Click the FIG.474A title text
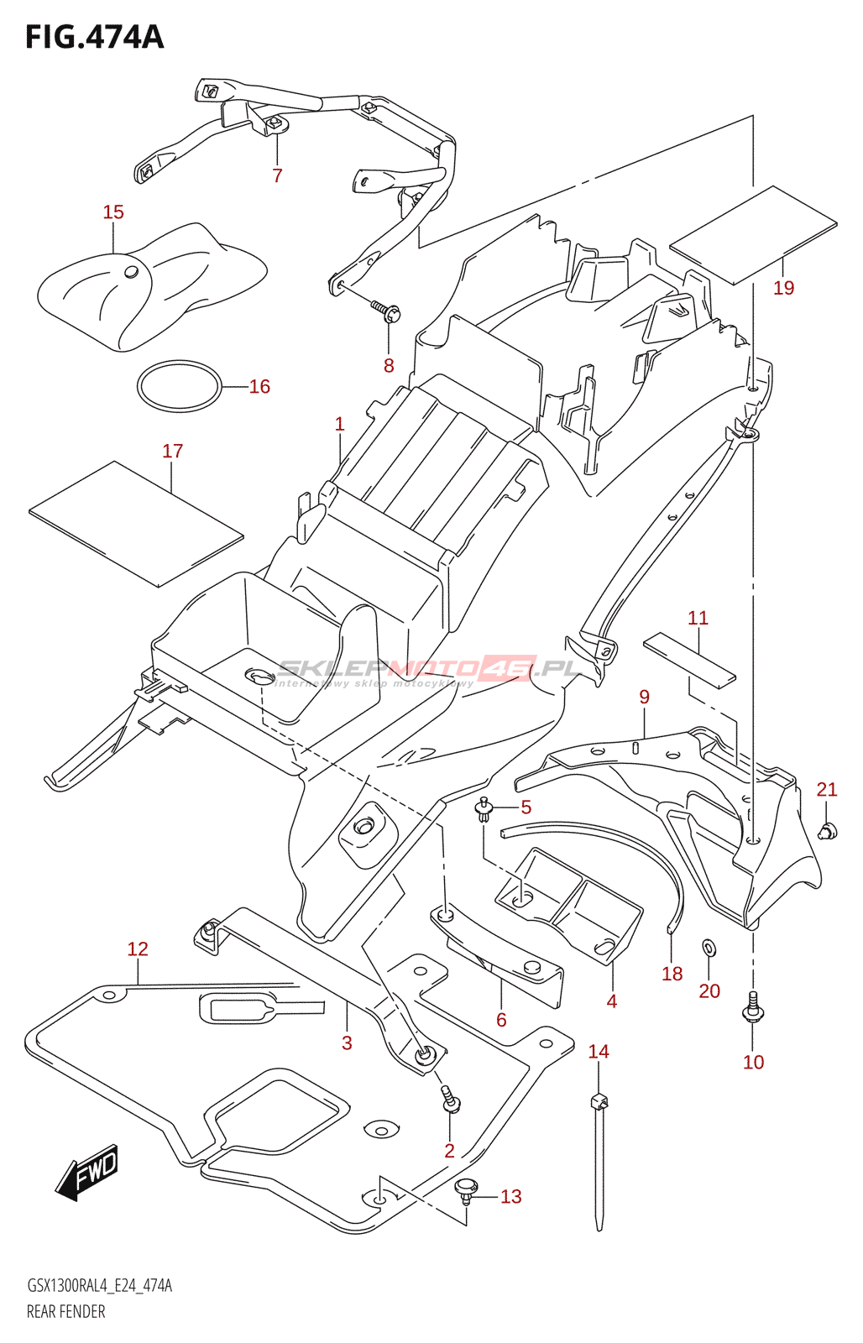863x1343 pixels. [94, 38]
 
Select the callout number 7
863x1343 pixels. [277, 175]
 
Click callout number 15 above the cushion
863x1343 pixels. [113, 212]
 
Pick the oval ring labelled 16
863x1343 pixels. [179, 386]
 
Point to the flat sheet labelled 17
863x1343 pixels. [136, 523]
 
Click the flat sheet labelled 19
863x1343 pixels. [753, 235]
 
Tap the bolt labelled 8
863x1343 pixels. [388, 311]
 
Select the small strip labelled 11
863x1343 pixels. [689, 658]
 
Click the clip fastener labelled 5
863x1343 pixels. [484, 809]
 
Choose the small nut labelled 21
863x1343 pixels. [828, 831]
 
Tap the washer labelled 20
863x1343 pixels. [709, 948]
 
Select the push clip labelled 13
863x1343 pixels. [465, 1189]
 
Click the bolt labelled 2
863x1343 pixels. [451, 1099]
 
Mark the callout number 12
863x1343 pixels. [138, 949]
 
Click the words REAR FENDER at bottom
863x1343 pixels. [66, 1311]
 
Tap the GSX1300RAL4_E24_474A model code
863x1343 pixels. [99, 1285]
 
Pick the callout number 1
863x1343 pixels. [339, 425]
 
